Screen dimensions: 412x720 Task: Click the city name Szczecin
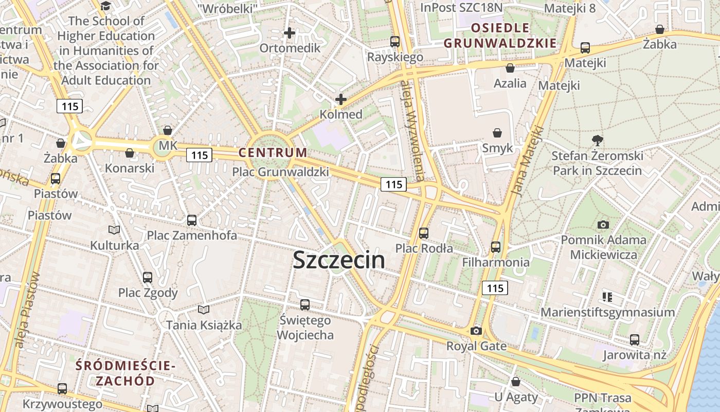pos(339,260)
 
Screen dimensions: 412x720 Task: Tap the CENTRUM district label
pos(273,152)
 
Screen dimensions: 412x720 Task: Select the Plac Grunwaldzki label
pos(280,171)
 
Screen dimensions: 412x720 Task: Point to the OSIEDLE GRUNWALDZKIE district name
pos(500,36)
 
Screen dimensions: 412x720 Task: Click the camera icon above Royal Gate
pos(476,331)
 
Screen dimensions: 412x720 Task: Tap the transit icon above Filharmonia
pos(496,247)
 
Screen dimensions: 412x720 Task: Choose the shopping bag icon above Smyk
pos(497,133)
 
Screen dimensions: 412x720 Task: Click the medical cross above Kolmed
pos(340,99)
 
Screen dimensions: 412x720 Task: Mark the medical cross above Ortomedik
pos(290,33)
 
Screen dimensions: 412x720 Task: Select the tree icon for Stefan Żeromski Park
pos(597,140)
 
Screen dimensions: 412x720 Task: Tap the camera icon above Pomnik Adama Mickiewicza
pos(603,225)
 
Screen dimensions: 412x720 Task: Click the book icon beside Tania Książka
pos(204,310)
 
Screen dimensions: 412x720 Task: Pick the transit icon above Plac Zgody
pos(148,278)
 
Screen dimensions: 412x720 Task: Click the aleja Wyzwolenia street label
pos(413,131)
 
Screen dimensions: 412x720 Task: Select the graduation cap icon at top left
pos(106,6)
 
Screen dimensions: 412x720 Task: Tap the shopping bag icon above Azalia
pos(510,68)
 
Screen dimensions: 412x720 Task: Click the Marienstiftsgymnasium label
pos(607,312)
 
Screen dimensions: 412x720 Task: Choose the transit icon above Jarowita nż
pos(635,340)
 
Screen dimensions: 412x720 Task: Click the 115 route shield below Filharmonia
pos(495,288)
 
